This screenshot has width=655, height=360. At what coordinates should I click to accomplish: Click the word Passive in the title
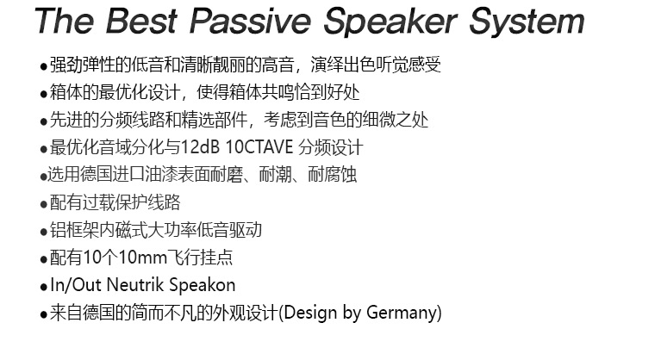click(251, 21)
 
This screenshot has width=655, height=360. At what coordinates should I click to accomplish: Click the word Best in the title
click(141, 21)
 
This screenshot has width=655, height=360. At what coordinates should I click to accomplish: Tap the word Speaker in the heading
click(390, 22)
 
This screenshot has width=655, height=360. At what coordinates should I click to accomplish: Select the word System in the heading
click(527, 22)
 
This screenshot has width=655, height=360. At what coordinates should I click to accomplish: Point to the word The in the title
click(65, 21)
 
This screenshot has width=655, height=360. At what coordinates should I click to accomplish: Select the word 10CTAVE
click(259, 147)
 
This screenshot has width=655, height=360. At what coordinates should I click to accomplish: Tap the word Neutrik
click(135, 285)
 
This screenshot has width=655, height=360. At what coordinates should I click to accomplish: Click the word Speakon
click(203, 286)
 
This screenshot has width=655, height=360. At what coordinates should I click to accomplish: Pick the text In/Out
click(76, 285)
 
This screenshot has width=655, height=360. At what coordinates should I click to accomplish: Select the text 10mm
click(142, 258)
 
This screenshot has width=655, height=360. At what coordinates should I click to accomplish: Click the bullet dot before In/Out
click(43, 288)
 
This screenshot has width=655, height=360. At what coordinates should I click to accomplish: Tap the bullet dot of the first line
click(43, 67)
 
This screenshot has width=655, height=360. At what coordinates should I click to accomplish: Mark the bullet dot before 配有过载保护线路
click(43, 205)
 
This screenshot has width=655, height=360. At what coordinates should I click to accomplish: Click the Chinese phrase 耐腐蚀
click(333, 175)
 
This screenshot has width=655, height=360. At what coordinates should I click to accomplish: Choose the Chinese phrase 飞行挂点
click(200, 258)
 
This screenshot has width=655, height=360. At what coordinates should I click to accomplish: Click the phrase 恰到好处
click(327, 92)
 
